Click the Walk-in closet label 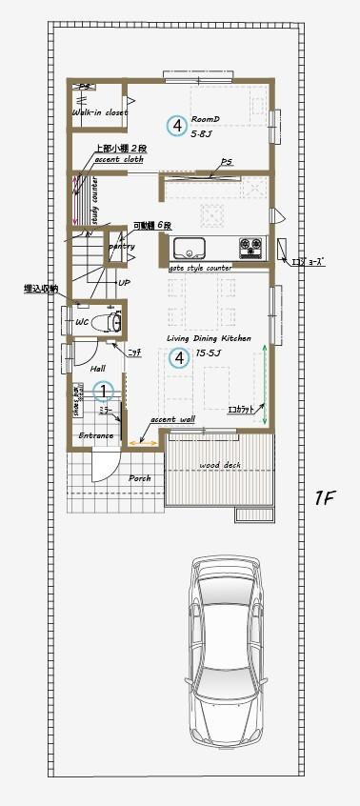99,112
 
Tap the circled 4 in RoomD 176,125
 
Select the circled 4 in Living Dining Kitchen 177,357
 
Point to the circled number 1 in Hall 105,391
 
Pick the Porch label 140,478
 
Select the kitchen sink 189,250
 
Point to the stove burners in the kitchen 250,250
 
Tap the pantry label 122,247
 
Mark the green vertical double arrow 265,388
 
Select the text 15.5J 208,353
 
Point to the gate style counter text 201,269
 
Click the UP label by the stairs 124,283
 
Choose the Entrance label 96,435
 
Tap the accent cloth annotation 119,160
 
